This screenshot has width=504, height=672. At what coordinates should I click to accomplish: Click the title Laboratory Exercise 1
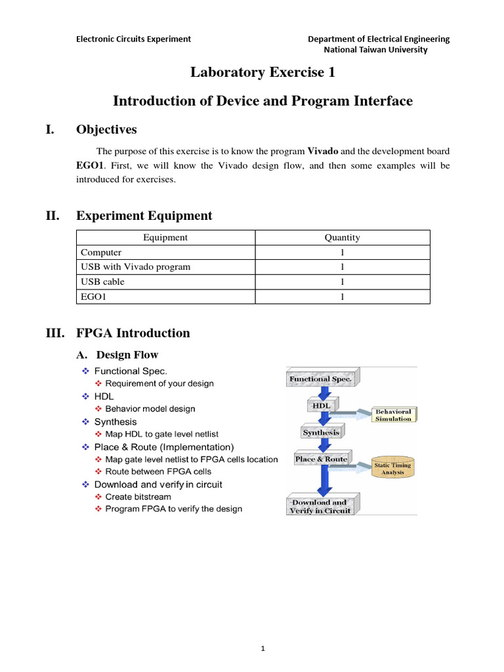click(x=262, y=73)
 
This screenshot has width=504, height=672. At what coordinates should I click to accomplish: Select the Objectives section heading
click(x=106, y=129)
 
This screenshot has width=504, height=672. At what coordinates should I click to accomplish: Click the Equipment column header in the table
click(x=165, y=238)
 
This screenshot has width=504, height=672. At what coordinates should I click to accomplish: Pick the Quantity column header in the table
click(x=342, y=238)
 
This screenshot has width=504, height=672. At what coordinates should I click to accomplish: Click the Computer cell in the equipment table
click(x=101, y=252)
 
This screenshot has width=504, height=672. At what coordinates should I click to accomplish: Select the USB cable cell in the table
click(x=102, y=282)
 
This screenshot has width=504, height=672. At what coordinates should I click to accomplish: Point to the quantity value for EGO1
click(x=342, y=297)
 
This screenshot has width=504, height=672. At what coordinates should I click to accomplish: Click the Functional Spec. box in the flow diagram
click(x=320, y=379)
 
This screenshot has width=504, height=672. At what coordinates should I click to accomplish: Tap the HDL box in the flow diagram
click(x=320, y=406)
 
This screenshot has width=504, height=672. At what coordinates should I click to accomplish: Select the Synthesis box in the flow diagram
click(x=321, y=432)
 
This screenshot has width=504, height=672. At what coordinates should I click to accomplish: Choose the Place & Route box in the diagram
click(x=321, y=459)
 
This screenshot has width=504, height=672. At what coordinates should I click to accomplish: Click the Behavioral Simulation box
click(x=393, y=415)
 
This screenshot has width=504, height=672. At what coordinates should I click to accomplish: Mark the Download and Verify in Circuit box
click(x=320, y=506)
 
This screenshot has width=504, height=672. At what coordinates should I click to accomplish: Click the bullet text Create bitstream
click(x=138, y=497)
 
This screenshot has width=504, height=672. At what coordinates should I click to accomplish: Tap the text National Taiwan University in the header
click(x=376, y=49)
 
